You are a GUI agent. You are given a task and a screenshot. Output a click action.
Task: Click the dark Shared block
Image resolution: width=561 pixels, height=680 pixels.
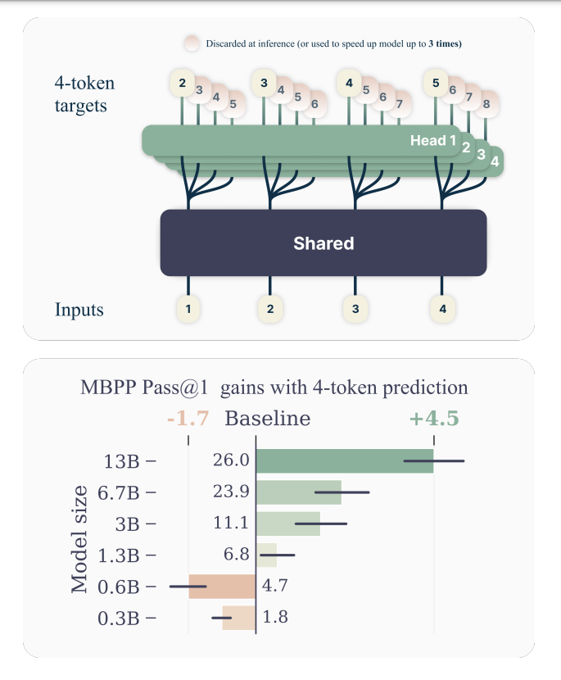323,243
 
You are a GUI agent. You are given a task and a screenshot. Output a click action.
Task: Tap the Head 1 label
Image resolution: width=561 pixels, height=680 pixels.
433,141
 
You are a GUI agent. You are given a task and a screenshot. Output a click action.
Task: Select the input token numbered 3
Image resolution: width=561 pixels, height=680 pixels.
355,309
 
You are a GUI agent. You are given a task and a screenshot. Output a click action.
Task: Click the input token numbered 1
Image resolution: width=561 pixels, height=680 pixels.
188,309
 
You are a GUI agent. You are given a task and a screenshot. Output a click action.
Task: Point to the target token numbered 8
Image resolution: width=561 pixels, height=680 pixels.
486,105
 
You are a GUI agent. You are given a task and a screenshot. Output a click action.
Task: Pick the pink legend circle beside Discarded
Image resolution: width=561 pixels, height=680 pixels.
192,43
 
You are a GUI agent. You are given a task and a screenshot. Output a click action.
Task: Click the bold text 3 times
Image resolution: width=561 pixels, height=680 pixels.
445,43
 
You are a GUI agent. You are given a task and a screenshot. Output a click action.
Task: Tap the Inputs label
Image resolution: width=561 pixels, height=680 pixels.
79,311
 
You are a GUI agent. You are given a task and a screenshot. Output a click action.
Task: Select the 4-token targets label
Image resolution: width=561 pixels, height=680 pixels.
84,94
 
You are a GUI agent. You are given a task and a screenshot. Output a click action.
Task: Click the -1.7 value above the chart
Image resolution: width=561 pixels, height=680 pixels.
188,419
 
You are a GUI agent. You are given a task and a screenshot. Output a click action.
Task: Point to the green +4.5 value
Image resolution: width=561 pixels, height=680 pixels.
434,419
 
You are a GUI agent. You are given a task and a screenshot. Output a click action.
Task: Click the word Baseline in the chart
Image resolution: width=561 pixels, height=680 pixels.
268,419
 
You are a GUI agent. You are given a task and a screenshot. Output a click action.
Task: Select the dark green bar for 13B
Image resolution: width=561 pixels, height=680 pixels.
345,461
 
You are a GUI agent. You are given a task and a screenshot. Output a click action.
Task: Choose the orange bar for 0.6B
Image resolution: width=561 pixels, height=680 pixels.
222,586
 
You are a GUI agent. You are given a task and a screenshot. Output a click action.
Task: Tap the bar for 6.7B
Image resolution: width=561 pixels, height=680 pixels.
299,492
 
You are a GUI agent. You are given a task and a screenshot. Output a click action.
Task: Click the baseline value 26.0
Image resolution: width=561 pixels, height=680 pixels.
231,461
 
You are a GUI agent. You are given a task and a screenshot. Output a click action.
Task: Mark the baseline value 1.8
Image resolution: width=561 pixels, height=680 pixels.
275,617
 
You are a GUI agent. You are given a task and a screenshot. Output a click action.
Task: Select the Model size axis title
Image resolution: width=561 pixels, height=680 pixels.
79,538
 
